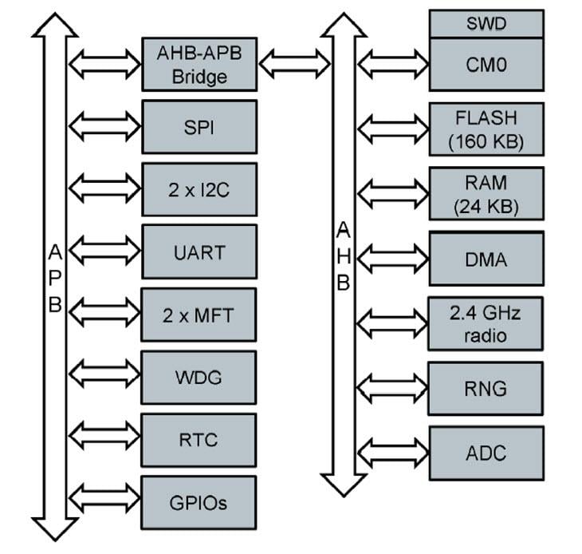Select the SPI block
point(199,127)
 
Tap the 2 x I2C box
point(199,190)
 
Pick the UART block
point(199,252)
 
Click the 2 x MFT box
point(199,315)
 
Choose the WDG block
point(199,377)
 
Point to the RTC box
point(199,439)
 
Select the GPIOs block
point(199,503)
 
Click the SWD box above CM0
point(486,24)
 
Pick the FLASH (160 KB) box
point(486,130)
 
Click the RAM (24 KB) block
point(486,194)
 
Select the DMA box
point(486,259)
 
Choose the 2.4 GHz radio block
point(486,323)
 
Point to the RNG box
point(486,388)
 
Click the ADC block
point(486,453)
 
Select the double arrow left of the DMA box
point(392,259)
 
